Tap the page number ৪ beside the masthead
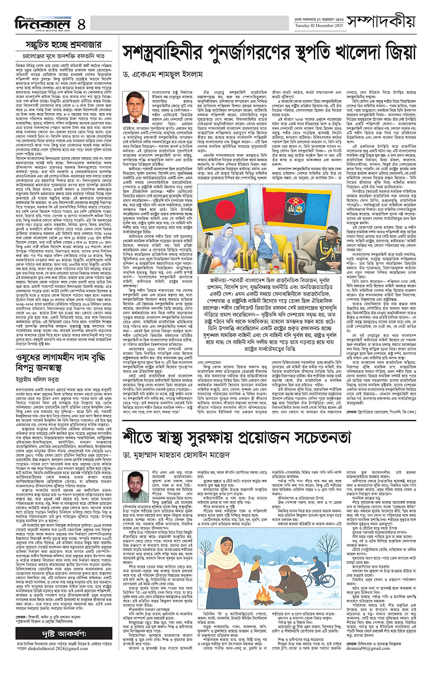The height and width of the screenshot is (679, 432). tap(81, 23)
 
